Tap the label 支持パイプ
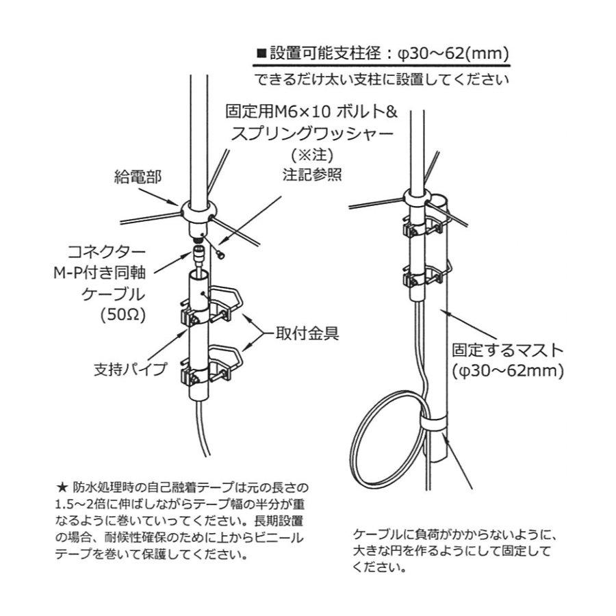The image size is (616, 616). [130, 370]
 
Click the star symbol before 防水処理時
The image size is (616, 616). [61, 489]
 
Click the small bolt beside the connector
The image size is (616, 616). [220, 254]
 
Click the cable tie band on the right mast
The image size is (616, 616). [433, 424]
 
